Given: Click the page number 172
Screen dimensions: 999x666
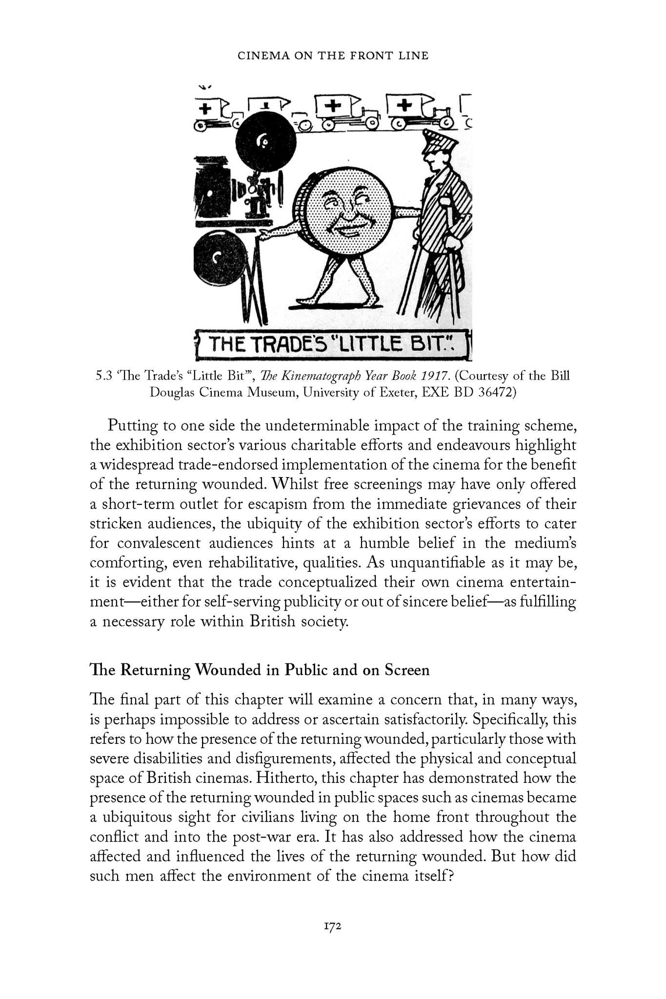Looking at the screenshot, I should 333,927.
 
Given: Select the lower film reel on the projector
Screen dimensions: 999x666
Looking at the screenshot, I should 219,257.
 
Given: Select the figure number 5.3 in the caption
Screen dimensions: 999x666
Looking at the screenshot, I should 104,376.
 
